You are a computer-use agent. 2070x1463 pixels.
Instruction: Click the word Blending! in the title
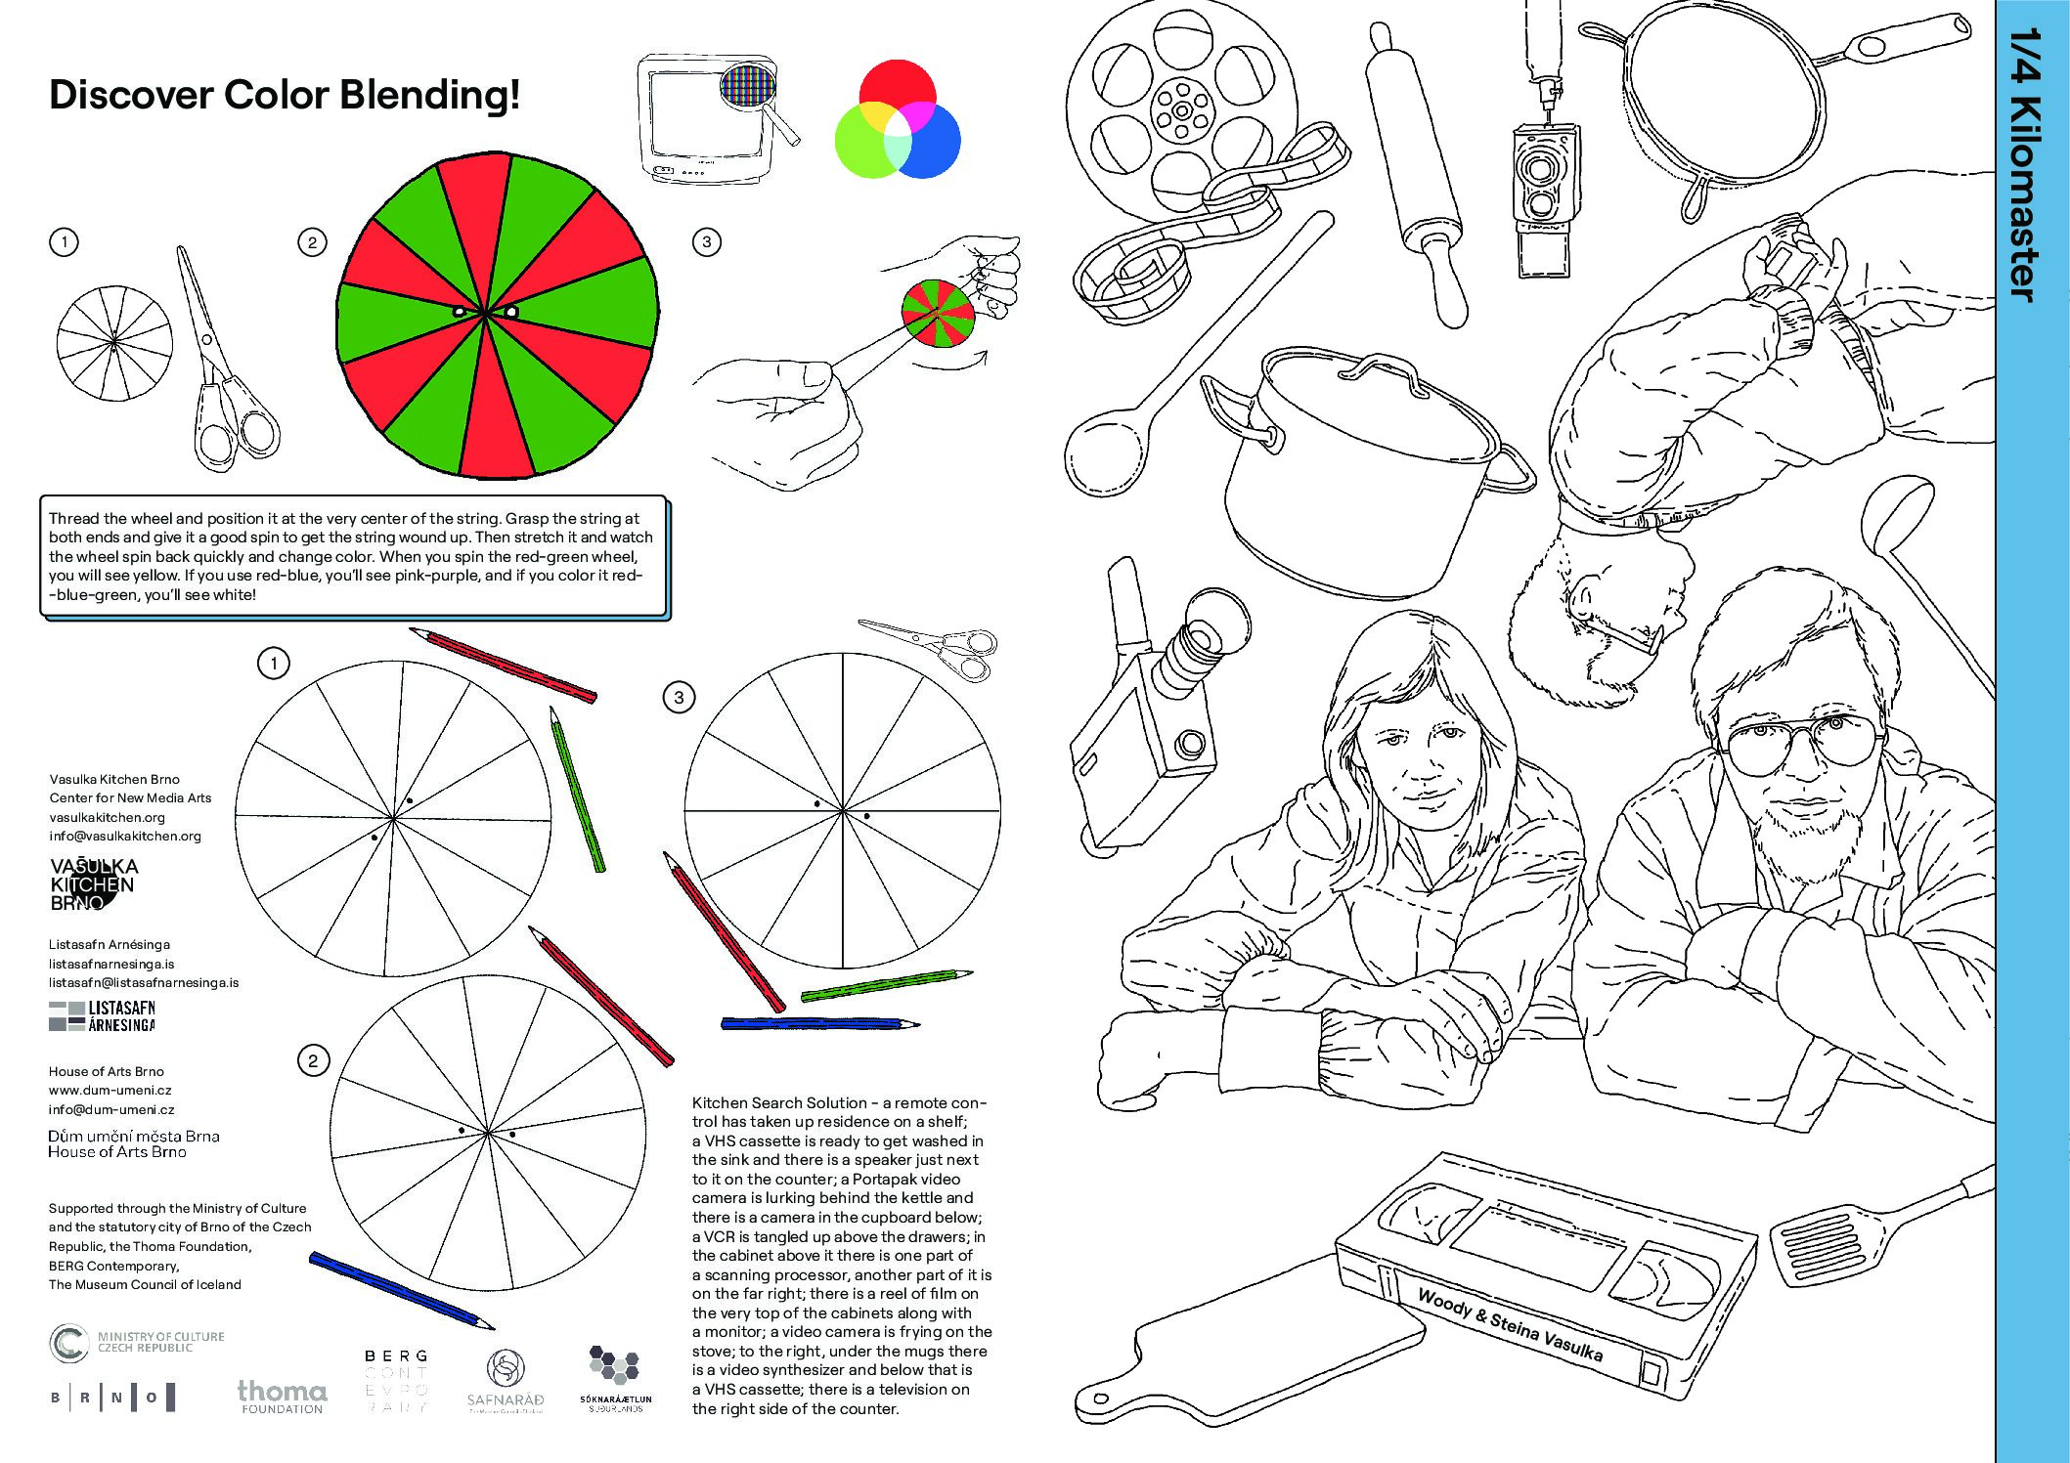[430, 95]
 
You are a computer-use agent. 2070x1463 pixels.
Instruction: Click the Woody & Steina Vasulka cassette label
[1510, 1325]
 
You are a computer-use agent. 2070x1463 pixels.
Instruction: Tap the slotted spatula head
[1820, 1246]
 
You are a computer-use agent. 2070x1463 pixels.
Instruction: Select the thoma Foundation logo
[282, 1396]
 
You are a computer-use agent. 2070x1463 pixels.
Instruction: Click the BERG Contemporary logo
[395, 1381]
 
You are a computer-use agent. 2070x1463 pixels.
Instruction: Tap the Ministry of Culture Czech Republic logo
[137, 1342]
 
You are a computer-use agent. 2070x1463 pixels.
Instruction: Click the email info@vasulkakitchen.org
[125, 836]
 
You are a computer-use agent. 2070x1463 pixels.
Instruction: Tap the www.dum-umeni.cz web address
[110, 1090]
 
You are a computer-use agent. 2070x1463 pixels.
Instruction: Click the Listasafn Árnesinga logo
[102, 1016]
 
